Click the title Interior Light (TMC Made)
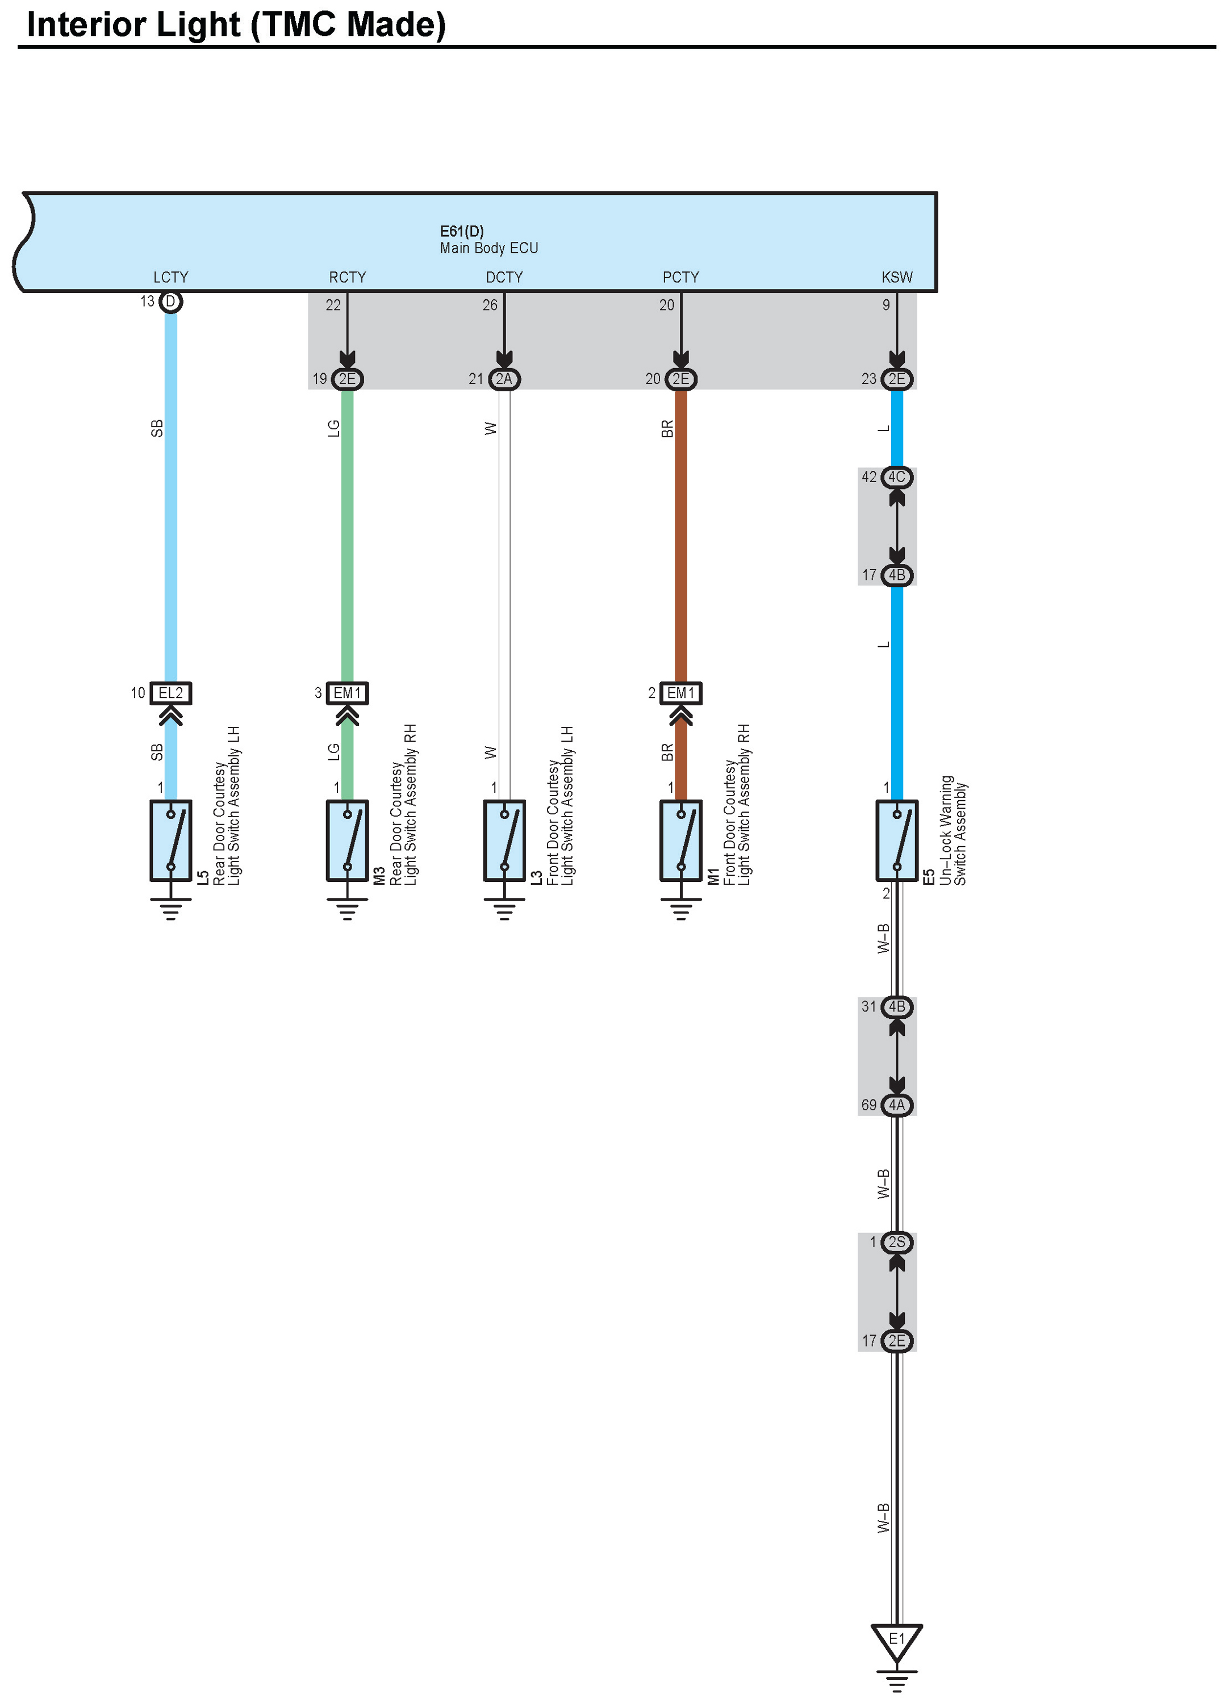236,25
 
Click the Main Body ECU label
488,248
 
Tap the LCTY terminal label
170,277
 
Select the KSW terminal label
896,277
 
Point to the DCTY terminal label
504,277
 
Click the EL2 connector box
170,693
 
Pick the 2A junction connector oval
504,379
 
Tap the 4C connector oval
896,477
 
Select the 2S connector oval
896,1242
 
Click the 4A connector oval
896,1105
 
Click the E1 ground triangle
896,1641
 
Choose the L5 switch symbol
170,840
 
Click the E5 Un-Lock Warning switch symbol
896,840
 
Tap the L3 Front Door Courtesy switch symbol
504,840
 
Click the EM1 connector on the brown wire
681,693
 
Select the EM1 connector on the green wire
347,693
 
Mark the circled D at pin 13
170,302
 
